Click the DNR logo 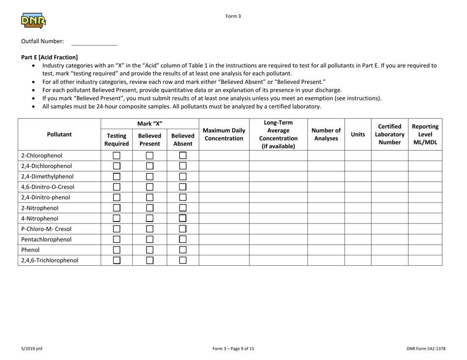coord(33,21)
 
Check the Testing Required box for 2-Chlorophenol coord(117,156)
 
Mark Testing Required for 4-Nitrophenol coord(117,218)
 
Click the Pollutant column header coord(59,133)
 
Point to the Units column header coord(358,133)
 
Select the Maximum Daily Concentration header coord(224,133)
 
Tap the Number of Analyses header coord(325,133)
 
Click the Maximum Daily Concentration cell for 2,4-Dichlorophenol coord(224,166)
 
